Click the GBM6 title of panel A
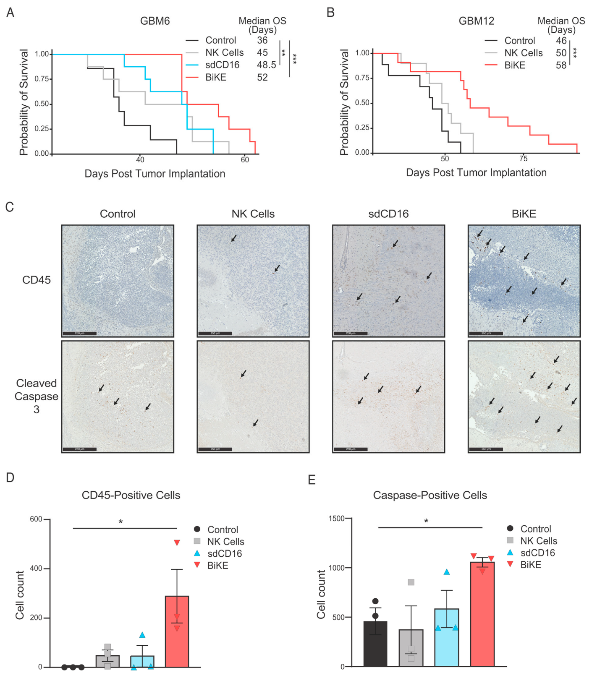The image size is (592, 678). [155, 21]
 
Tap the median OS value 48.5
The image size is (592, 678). [266, 65]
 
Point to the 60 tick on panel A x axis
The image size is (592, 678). [245, 160]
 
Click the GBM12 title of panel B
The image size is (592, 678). [476, 21]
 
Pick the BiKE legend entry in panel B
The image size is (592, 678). [515, 65]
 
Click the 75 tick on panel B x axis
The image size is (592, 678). [523, 159]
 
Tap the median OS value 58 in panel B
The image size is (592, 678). [561, 65]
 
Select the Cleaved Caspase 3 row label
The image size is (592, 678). [37, 396]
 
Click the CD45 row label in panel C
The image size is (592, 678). [37, 280]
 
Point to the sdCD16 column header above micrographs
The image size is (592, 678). [388, 214]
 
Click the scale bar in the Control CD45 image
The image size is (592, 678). [79, 334]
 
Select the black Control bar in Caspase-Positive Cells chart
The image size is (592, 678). [375, 644]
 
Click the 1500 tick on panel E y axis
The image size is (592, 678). [336, 519]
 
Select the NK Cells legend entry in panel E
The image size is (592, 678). [538, 541]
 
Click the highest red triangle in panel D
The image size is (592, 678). [177, 543]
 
